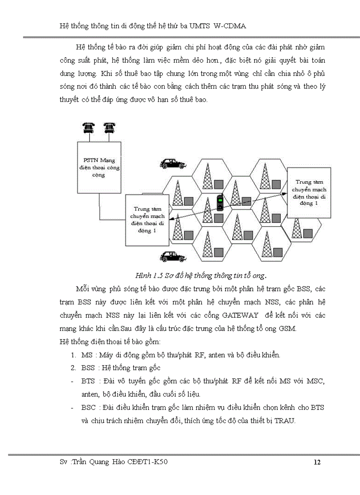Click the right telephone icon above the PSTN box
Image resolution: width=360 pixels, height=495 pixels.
(x=109, y=127)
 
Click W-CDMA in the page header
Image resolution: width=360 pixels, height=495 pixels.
(x=229, y=26)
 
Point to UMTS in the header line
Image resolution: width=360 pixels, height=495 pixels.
(x=200, y=26)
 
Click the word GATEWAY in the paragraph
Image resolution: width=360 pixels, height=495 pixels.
(x=240, y=316)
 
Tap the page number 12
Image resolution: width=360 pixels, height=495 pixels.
(x=317, y=462)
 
